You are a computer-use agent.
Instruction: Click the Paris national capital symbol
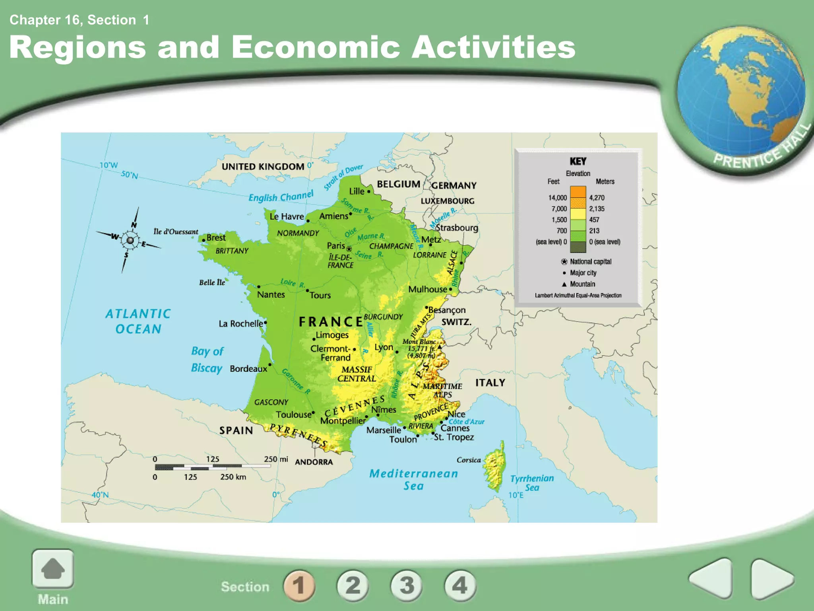349,249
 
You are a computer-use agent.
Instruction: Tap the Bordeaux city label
248,369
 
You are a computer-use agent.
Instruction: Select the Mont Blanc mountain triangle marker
440,347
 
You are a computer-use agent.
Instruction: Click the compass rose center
130,240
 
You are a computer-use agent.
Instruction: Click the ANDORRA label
314,462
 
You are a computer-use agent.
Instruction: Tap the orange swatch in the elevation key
578,192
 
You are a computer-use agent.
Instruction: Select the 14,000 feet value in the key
557,198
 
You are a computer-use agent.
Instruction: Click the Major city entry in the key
583,273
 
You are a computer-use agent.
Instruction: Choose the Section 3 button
407,586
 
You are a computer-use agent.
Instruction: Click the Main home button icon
52,569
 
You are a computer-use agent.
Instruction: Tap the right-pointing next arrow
771,579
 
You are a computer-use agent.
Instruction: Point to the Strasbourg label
457,228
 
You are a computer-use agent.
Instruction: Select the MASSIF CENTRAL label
357,374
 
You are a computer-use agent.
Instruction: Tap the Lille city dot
368,192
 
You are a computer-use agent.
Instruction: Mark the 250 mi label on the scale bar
276,459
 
